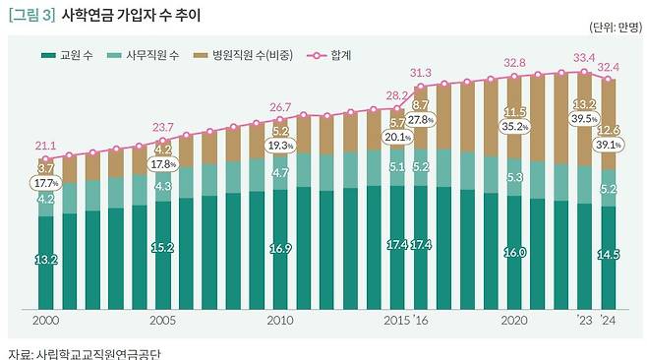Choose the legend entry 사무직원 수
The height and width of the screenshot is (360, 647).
(147, 55)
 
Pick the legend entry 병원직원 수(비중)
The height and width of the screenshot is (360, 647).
(252, 55)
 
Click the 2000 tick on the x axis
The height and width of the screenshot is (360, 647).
(45, 321)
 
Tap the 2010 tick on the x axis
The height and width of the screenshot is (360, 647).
(280, 321)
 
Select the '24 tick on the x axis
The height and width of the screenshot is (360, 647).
(610, 321)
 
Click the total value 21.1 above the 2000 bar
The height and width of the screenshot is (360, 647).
(45, 146)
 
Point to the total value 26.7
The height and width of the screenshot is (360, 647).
(280, 106)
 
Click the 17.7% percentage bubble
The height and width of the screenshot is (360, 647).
(46, 183)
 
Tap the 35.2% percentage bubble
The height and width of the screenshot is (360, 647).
(515, 126)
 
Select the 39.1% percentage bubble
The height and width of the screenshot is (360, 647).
(609, 143)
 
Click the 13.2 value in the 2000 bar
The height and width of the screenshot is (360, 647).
(45, 259)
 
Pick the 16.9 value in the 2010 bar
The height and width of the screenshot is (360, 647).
(280, 249)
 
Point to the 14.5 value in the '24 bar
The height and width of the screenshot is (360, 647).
(609, 255)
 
